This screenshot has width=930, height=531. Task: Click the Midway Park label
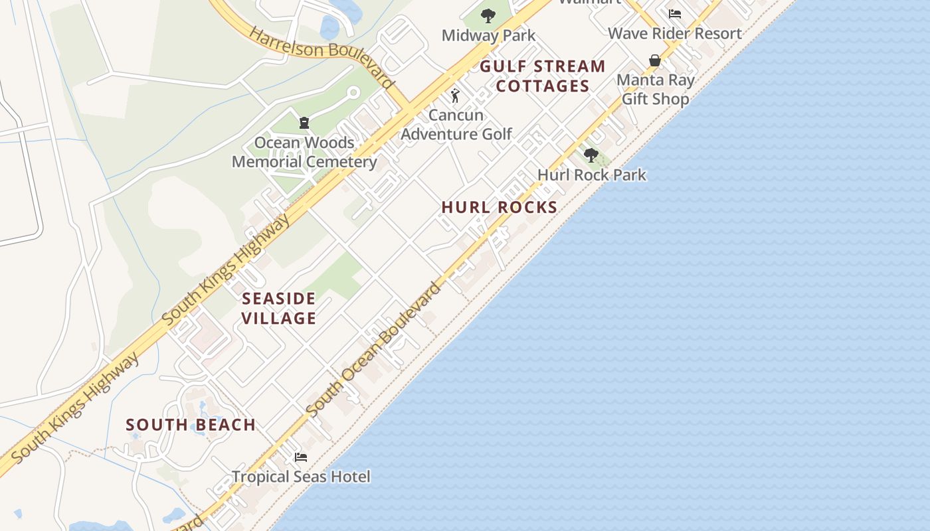pyautogui.click(x=488, y=35)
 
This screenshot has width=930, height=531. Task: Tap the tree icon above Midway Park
pyautogui.click(x=488, y=15)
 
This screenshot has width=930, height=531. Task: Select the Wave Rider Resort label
pyautogui.click(x=674, y=33)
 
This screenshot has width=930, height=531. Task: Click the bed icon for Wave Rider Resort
pyautogui.click(x=675, y=13)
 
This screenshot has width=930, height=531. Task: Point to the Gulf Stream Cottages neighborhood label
pyautogui.click(x=543, y=76)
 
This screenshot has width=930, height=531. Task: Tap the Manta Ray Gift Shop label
pyautogui.click(x=655, y=90)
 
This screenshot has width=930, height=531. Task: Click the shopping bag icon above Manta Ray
pyautogui.click(x=655, y=61)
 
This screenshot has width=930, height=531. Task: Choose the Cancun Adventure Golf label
pyautogui.click(x=456, y=124)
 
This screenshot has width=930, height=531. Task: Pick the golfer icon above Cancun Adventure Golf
pyautogui.click(x=455, y=96)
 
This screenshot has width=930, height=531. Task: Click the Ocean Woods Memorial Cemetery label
pyautogui.click(x=304, y=152)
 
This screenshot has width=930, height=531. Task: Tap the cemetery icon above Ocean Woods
pyautogui.click(x=304, y=123)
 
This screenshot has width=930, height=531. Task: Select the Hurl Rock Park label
pyautogui.click(x=592, y=175)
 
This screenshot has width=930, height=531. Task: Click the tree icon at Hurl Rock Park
pyautogui.click(x=591, y=155)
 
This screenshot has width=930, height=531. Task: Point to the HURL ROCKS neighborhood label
pyautogui.click(x=500, y=207)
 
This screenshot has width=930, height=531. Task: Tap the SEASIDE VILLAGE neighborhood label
pyautogui.click(x=279, y=308)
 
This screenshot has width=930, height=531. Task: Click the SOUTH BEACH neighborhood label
pyautogui.click(x=191, y=425)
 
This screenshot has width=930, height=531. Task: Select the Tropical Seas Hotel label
pyautogui.click(x=301, y=477)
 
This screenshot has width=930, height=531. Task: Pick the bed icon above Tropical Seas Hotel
pyautogui.click(x=301, y=457)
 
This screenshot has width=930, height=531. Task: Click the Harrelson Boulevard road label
pyautogui.click(x=322, y=56)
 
